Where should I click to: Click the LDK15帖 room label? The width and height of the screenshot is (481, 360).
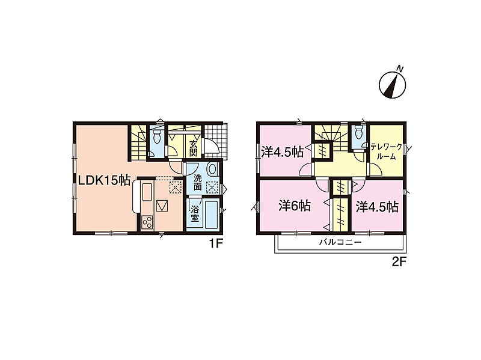click(105, 180)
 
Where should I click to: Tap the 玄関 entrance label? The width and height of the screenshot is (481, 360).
click(193, 148)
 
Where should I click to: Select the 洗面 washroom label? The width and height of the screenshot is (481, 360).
click(198, 182)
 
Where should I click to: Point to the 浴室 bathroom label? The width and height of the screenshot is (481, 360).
click(194, 214)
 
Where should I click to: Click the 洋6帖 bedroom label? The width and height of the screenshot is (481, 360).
click(295, 206)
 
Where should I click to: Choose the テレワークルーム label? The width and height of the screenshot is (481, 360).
click(386, 152)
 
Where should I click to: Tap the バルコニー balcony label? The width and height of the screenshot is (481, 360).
click(340, 242)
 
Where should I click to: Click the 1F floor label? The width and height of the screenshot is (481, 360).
click(215, 243)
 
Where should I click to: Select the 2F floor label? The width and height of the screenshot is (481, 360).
click(399, 261)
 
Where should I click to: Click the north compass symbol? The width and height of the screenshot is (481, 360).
click(393, 83)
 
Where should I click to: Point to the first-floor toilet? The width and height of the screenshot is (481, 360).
click(157, 136)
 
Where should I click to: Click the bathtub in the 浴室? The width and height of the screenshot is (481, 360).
click(211, 215)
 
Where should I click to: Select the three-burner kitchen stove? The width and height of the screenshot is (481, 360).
click(147, 222)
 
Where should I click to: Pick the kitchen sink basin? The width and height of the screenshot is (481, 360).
click(147, 192)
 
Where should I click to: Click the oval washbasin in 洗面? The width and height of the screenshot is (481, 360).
click(212, 169)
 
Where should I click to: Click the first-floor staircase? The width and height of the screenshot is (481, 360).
click(138, 142)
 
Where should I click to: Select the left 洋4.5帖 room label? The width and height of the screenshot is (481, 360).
click(282, 152)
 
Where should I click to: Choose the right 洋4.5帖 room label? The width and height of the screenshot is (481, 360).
click(377, 207)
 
